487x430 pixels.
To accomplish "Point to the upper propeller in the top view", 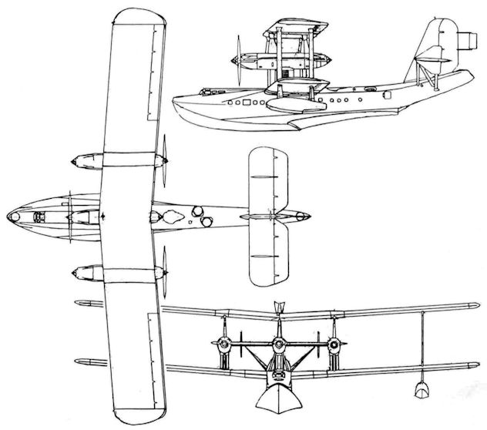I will (x=163, y=163).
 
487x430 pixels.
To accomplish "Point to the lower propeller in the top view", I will (x=163, y=271).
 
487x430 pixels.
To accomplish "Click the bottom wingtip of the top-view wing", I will (x=139, y=408).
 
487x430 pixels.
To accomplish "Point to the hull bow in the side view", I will (x=185, y=100).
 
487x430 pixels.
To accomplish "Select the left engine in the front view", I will (x=219, y=344).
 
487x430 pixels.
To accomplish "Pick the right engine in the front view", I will (x=333, y=344).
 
